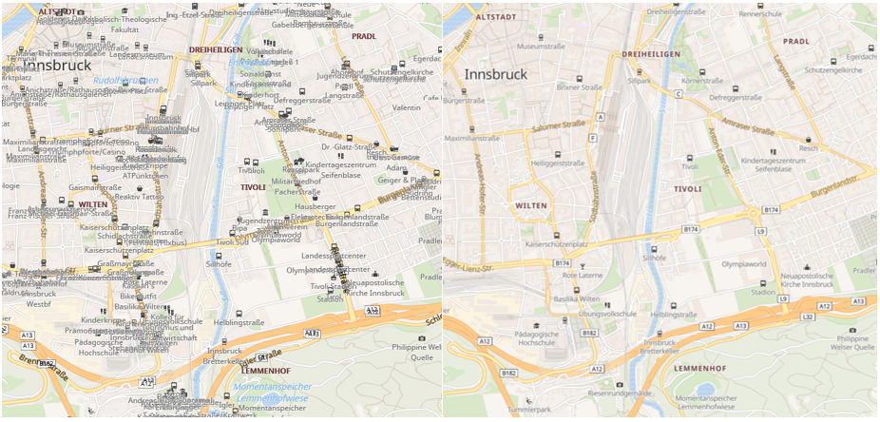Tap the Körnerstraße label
pos(700,81)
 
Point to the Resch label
pos(808,148)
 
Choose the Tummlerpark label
pos(529,410)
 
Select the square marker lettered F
pos(592,138)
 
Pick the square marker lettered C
pos(679,94)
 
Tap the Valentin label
pos(406,108)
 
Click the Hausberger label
pos(316,206)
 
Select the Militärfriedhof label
pos(297,181)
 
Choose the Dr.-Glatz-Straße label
pos(350,146)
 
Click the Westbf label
pos(39,305)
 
